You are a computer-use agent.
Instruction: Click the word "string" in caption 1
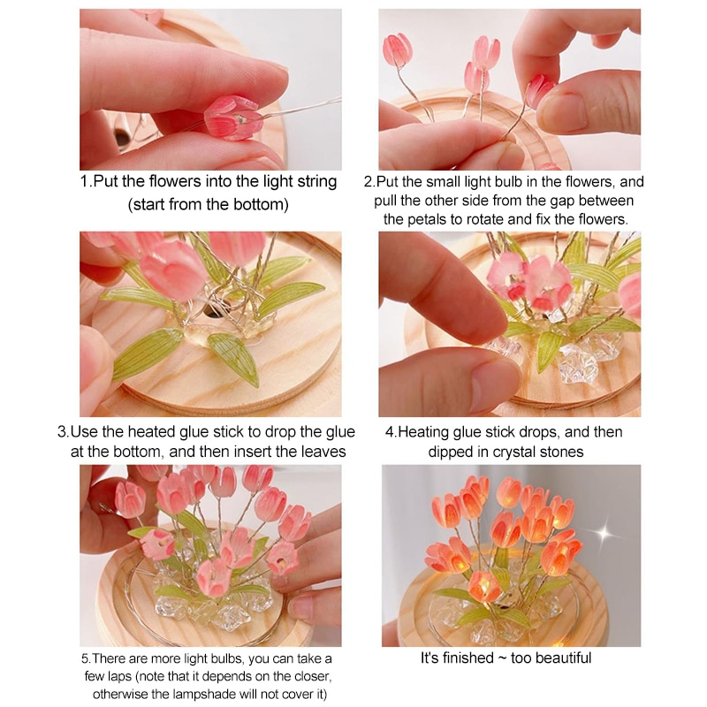[316, 182]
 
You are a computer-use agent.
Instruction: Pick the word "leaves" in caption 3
[323, 452]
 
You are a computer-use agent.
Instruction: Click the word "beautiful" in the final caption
[563, 658]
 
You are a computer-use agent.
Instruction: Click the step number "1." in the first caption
[87, 182]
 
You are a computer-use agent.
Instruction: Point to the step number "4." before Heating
[392, 432]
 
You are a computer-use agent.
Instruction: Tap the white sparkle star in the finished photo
[604, 534]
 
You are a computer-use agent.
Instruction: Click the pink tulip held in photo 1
[233, 118]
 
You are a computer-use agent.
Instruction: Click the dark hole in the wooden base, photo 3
[211, 311]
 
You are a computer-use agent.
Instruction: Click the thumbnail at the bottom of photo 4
[495, 386]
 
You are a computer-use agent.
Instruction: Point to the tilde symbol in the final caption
[502, 658]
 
